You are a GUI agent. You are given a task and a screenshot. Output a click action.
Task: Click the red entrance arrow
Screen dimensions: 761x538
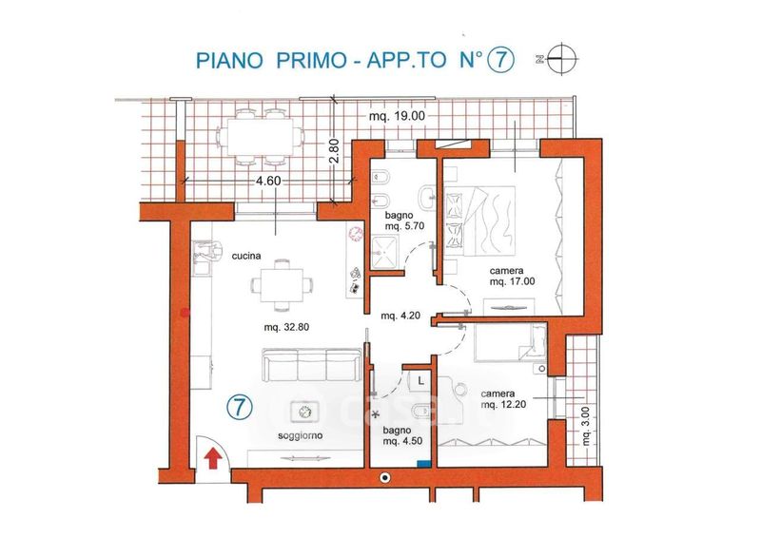[212, 458]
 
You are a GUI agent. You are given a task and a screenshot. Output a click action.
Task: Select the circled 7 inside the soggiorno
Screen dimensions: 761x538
[240, 408]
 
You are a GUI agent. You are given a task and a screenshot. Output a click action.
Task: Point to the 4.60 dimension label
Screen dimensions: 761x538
[269, 181]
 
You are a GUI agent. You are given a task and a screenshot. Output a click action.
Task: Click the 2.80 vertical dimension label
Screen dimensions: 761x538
[334, 153]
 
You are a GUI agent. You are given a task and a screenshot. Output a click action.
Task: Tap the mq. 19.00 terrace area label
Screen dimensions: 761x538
[397, 116]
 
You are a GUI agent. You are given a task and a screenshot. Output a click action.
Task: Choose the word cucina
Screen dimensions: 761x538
[246, 256]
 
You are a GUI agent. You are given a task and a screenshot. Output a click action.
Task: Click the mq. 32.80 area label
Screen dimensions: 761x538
[286, 327]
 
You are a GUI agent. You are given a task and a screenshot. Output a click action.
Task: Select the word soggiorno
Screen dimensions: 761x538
[300, 435]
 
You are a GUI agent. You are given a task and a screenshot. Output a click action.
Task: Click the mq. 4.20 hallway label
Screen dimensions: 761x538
[400, 317]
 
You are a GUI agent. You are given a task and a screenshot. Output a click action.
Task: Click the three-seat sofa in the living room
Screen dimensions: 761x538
[312, 364]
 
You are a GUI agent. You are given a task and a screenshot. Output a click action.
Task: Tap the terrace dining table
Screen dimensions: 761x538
[261, 137]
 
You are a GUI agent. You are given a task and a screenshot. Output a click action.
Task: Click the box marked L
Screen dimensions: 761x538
[420, 381]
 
